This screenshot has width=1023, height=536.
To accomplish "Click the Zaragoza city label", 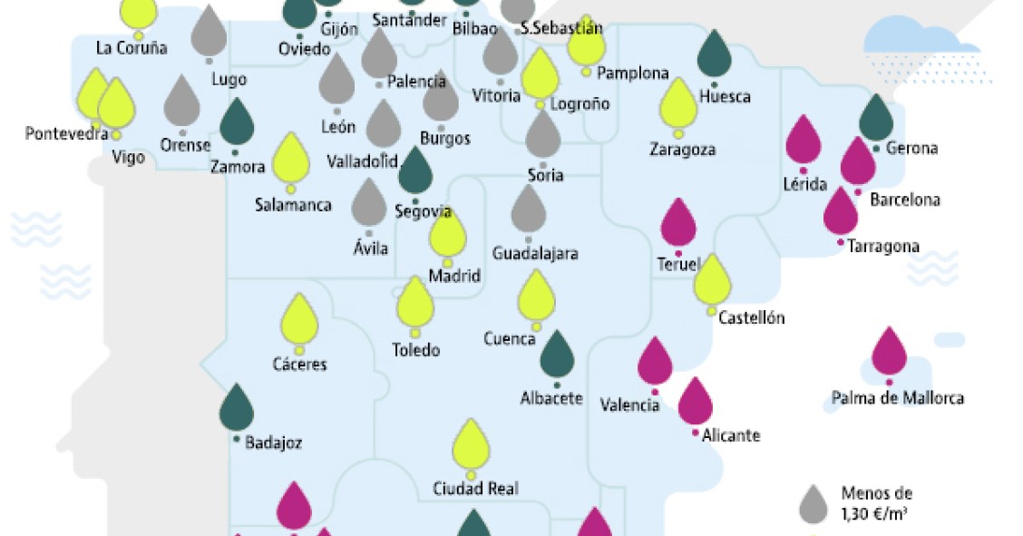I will [682, 150].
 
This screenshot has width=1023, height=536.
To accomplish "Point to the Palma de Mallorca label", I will [897, 398].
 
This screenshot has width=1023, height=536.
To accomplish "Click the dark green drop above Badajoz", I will [237, 409].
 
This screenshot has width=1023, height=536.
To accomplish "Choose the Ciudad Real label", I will [475, 489].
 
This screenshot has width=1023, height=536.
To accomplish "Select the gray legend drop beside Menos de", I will [814, 504].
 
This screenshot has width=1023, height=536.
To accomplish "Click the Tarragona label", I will [882, 247].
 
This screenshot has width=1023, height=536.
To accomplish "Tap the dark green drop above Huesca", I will [715, 54].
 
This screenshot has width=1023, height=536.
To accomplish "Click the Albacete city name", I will [551, 398].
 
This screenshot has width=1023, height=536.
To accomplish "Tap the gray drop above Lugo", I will [209, 33].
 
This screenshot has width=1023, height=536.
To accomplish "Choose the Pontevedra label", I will [67, 134].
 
